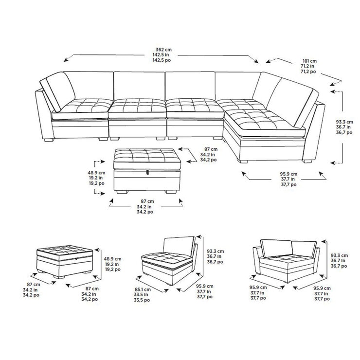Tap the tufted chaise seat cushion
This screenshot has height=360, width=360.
pyautogui.click(x=263, y=119)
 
